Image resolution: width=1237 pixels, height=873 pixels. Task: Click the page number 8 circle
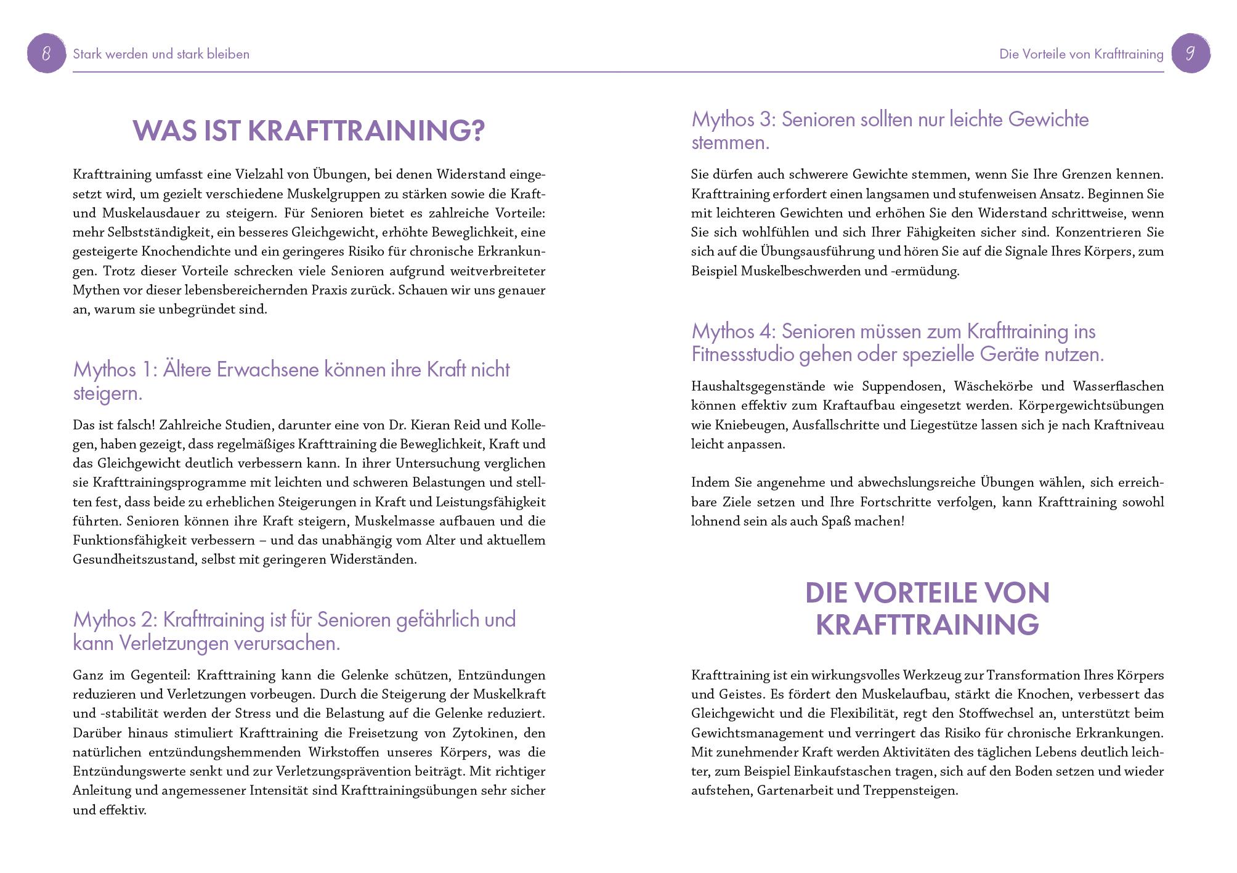click(47, 54)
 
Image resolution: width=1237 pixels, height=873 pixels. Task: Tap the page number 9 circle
click(1190, 54)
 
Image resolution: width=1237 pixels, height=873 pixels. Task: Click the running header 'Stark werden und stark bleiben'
click(161, 54)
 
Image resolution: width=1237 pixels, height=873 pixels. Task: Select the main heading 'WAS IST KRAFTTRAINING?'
click(309, 131)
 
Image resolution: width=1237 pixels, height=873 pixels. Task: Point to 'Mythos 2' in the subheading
click(114, 620)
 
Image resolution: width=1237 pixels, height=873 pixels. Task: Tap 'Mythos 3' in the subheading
click(732, 120)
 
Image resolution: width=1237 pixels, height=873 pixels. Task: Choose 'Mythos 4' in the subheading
click(732, 331)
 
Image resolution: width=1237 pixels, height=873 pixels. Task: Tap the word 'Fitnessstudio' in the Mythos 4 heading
click(742, 355)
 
